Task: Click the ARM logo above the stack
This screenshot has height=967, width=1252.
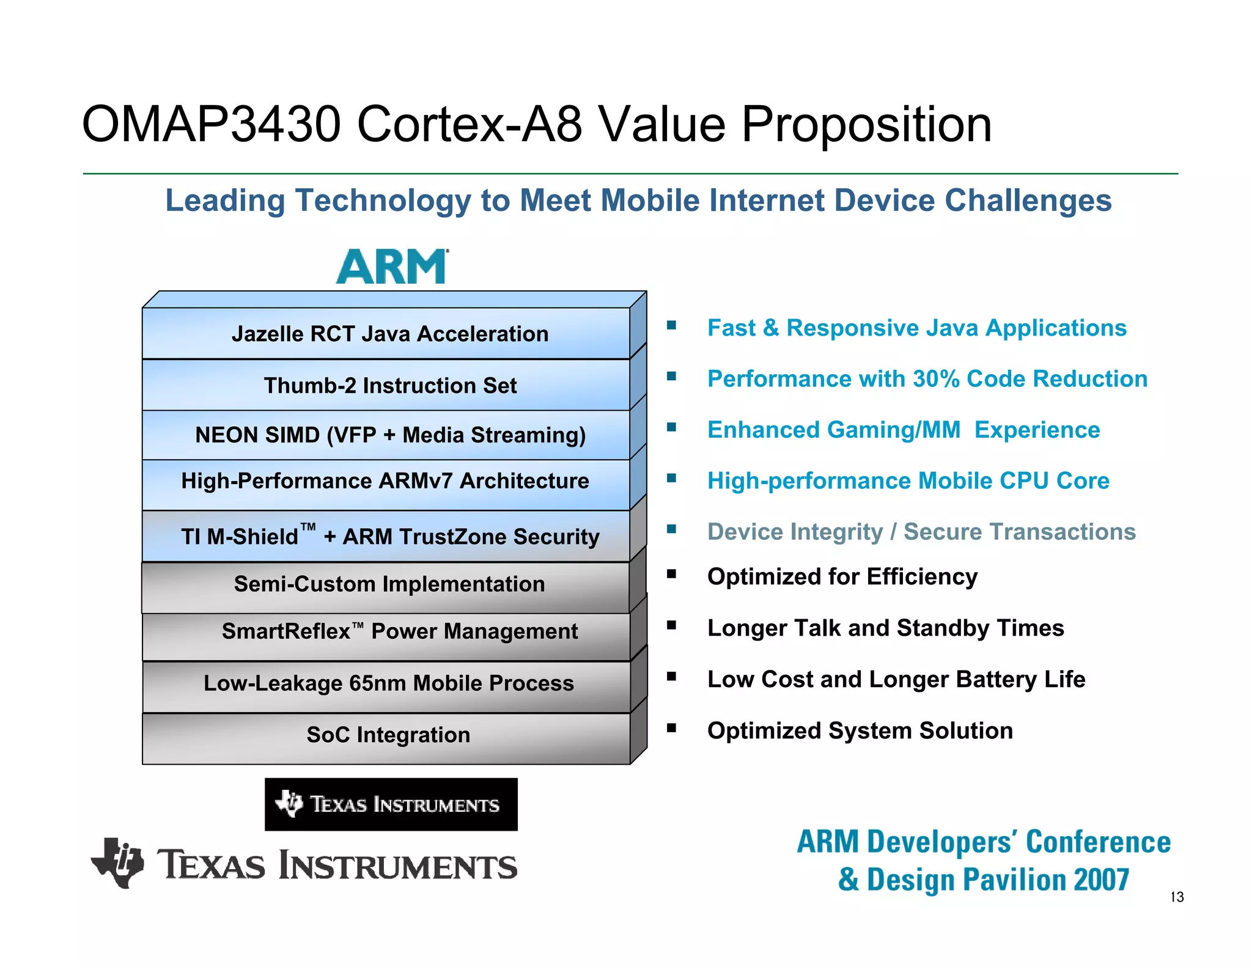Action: click(392, 266)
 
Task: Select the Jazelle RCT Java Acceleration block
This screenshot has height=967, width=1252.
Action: click(389, 334)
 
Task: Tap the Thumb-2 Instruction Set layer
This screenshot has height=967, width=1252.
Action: click(389, 386)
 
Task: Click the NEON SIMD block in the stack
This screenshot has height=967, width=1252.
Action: click(389, 435)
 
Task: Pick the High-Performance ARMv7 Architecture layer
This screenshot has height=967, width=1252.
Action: click(385, 481)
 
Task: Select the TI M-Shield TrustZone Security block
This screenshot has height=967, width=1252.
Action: click(389, 536)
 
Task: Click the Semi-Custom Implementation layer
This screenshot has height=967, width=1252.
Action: click(389, 584)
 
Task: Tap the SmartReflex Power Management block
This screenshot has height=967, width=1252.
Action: click(399, 631)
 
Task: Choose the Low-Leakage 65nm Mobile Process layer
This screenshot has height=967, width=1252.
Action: click(388, 683)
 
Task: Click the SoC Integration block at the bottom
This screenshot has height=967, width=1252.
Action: click(388, 735)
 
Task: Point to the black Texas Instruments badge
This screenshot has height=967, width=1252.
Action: click(391, 804)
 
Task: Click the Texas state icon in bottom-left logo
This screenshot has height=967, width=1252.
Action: click(118, 862)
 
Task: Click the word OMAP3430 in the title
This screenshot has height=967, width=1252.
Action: click(210, 125)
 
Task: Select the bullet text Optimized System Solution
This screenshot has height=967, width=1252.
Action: click(860, 731)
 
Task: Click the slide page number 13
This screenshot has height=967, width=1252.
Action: click(1177, 897)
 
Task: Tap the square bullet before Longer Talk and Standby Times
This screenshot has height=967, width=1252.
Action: click(671, 625)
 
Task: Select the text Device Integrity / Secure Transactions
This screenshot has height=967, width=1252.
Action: click(921, 532)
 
